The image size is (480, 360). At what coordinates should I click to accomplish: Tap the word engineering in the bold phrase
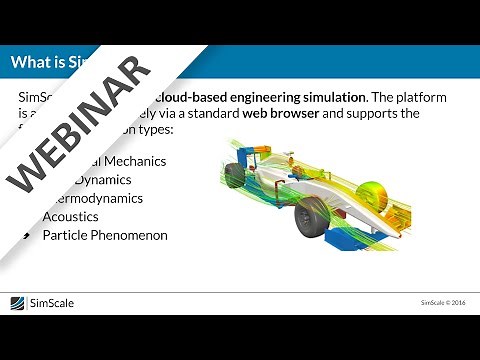(285, 97)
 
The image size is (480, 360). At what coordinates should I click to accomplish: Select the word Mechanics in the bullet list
(134, 160)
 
